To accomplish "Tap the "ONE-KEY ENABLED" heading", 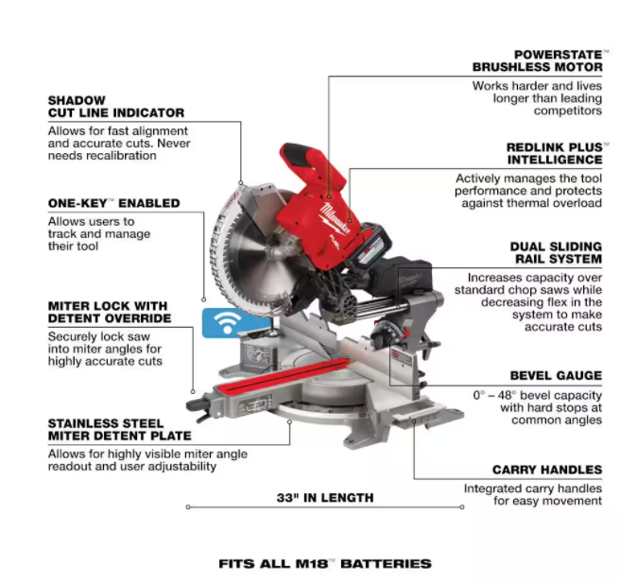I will tap(112, 203).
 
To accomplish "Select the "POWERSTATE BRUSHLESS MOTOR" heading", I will tap(537, 60).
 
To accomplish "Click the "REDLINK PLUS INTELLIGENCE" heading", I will tap(553, 154).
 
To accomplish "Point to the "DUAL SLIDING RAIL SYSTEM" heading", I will tap(555, 252).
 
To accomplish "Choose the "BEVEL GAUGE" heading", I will tap(555, 375).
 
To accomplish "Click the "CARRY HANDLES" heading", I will tap(546, 470).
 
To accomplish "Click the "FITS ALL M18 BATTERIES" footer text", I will tap(324, 563).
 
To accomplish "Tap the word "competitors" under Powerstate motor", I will tap(566, 111).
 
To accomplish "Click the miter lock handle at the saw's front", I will tap(199, 406).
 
